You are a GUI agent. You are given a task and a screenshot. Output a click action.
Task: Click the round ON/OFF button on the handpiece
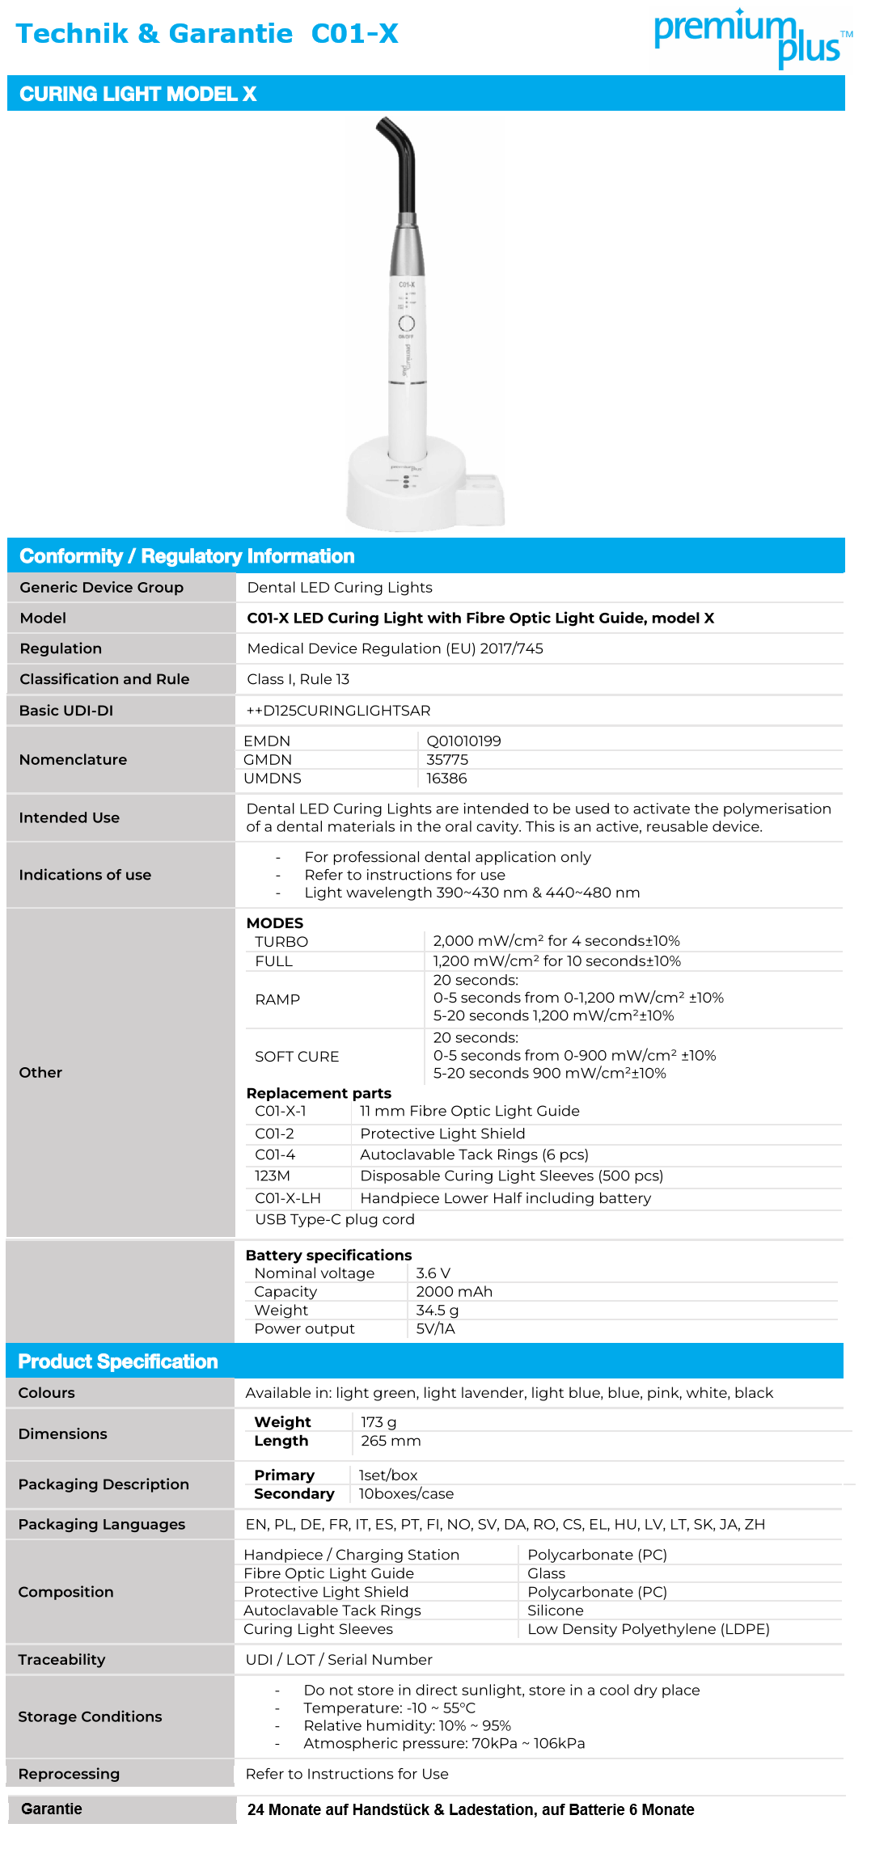(x=406, y=323)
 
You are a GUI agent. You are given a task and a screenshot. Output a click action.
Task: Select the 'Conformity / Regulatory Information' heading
(x=187, y=556)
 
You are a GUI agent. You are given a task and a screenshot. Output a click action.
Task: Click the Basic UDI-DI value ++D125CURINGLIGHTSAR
(x=339, y=711)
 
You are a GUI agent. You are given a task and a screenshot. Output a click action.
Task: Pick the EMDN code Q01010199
(x=463, y=741)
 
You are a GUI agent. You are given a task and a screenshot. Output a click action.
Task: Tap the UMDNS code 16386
(x=446, y=779)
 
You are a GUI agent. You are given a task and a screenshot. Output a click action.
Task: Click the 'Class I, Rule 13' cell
(x=298, y=679)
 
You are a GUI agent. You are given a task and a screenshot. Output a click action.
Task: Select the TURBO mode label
(x=281, y=942)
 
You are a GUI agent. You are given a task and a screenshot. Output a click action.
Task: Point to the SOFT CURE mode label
(x=297, y=1057)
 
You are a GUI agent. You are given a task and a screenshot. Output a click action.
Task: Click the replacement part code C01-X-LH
(x=288, y=1198)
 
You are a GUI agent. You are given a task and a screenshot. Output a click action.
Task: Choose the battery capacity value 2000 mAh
(x=454, y=1292)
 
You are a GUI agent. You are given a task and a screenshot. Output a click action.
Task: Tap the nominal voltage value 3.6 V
(x=433, y=1273)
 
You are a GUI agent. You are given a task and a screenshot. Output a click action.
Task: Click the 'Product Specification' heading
(x=118, y=1362)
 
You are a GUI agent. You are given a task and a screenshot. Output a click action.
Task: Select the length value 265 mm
(x=391, y=1441)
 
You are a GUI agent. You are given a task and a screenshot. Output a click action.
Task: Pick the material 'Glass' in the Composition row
(x=546, y=1573)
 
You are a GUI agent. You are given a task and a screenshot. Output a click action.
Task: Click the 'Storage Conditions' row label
(x=90, y=1716)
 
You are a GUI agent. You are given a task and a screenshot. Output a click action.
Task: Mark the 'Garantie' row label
(x=52, y=1809)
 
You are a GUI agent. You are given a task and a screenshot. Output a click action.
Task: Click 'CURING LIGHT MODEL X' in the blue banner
(x=137, y=94)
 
